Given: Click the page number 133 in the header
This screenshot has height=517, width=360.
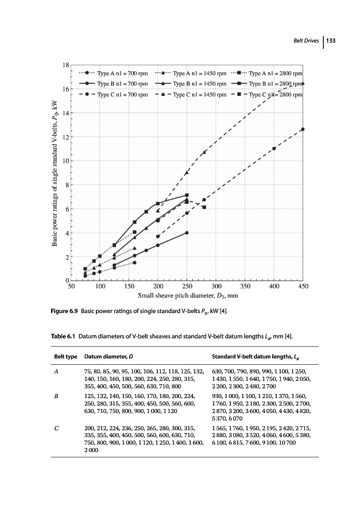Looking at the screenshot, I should coord(331,41).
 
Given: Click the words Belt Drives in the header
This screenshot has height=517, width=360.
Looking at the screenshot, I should coord(307,41).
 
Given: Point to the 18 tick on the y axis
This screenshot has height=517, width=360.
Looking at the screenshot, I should coord(67,65).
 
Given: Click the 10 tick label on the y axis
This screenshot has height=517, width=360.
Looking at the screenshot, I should coord(67,161).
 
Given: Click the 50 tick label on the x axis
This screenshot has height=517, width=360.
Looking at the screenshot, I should coord(71,285).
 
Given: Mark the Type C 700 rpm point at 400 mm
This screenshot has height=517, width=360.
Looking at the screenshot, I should coord(274,148).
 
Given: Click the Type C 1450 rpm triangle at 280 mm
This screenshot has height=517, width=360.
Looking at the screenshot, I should coord(204,152).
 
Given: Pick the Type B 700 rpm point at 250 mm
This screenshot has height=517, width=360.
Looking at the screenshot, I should coord(187,233).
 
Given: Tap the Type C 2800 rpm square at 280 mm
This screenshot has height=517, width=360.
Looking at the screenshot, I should coord(204,207).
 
